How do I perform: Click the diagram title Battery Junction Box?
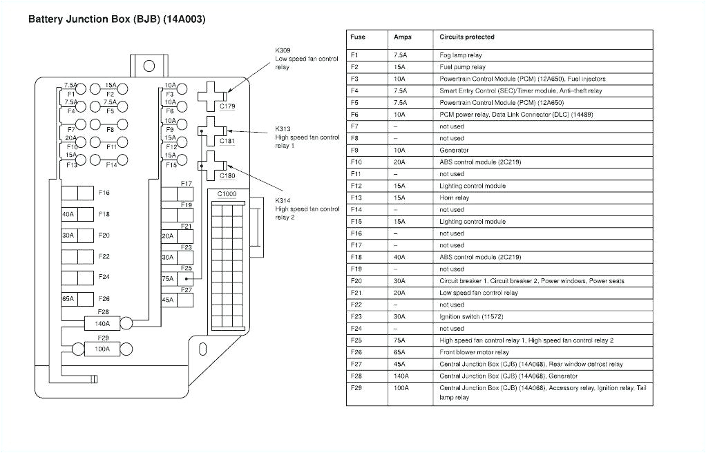point(116,19)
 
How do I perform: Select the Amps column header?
point(402,37)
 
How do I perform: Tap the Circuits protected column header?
point(466,37)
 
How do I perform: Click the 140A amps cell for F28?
point(401,376)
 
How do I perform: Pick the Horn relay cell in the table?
point(454,197)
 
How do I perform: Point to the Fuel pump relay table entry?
point(462,67)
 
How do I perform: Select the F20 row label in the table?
point(356,281)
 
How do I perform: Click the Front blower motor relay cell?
point(474,352)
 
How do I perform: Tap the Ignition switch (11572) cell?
point(471,316)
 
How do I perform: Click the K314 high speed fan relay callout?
point(307,209)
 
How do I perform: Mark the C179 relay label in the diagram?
point(227,106)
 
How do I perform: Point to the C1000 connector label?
point(227,194)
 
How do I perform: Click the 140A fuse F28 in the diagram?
point(102,322)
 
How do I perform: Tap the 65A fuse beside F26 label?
point(76,299)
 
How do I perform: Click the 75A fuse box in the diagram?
point(177,279)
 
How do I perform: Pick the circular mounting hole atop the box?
point(149,66)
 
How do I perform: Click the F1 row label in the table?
point(354,55)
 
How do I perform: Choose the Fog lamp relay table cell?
point(460,55)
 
